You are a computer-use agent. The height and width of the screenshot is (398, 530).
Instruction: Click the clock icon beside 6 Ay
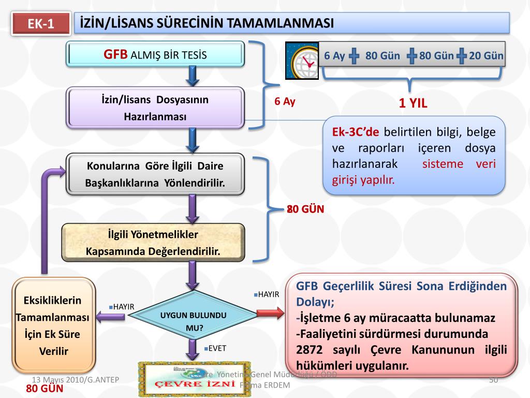302,60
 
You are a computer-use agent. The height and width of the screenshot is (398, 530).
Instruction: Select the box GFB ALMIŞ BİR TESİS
155,54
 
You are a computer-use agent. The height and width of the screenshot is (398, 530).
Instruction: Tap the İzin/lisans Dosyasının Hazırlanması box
155,108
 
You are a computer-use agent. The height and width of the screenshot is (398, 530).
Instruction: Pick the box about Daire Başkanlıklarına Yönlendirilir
155,175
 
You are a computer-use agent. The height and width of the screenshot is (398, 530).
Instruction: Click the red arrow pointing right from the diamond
270,313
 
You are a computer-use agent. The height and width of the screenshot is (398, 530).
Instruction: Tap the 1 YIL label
413,103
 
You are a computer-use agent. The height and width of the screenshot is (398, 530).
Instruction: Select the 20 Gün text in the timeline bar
486,56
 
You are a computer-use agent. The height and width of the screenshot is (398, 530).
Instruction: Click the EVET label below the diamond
216,348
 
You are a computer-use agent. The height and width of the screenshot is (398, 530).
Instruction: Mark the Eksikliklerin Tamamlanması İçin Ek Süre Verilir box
54,325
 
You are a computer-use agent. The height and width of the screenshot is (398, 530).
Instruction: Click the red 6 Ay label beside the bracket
285,102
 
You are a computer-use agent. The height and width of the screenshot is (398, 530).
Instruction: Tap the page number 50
493,380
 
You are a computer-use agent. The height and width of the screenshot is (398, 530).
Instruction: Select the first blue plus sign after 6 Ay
355,56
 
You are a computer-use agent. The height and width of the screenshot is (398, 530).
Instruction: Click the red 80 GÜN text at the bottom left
45,389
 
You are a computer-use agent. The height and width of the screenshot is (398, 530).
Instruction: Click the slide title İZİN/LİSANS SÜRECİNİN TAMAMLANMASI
207,23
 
